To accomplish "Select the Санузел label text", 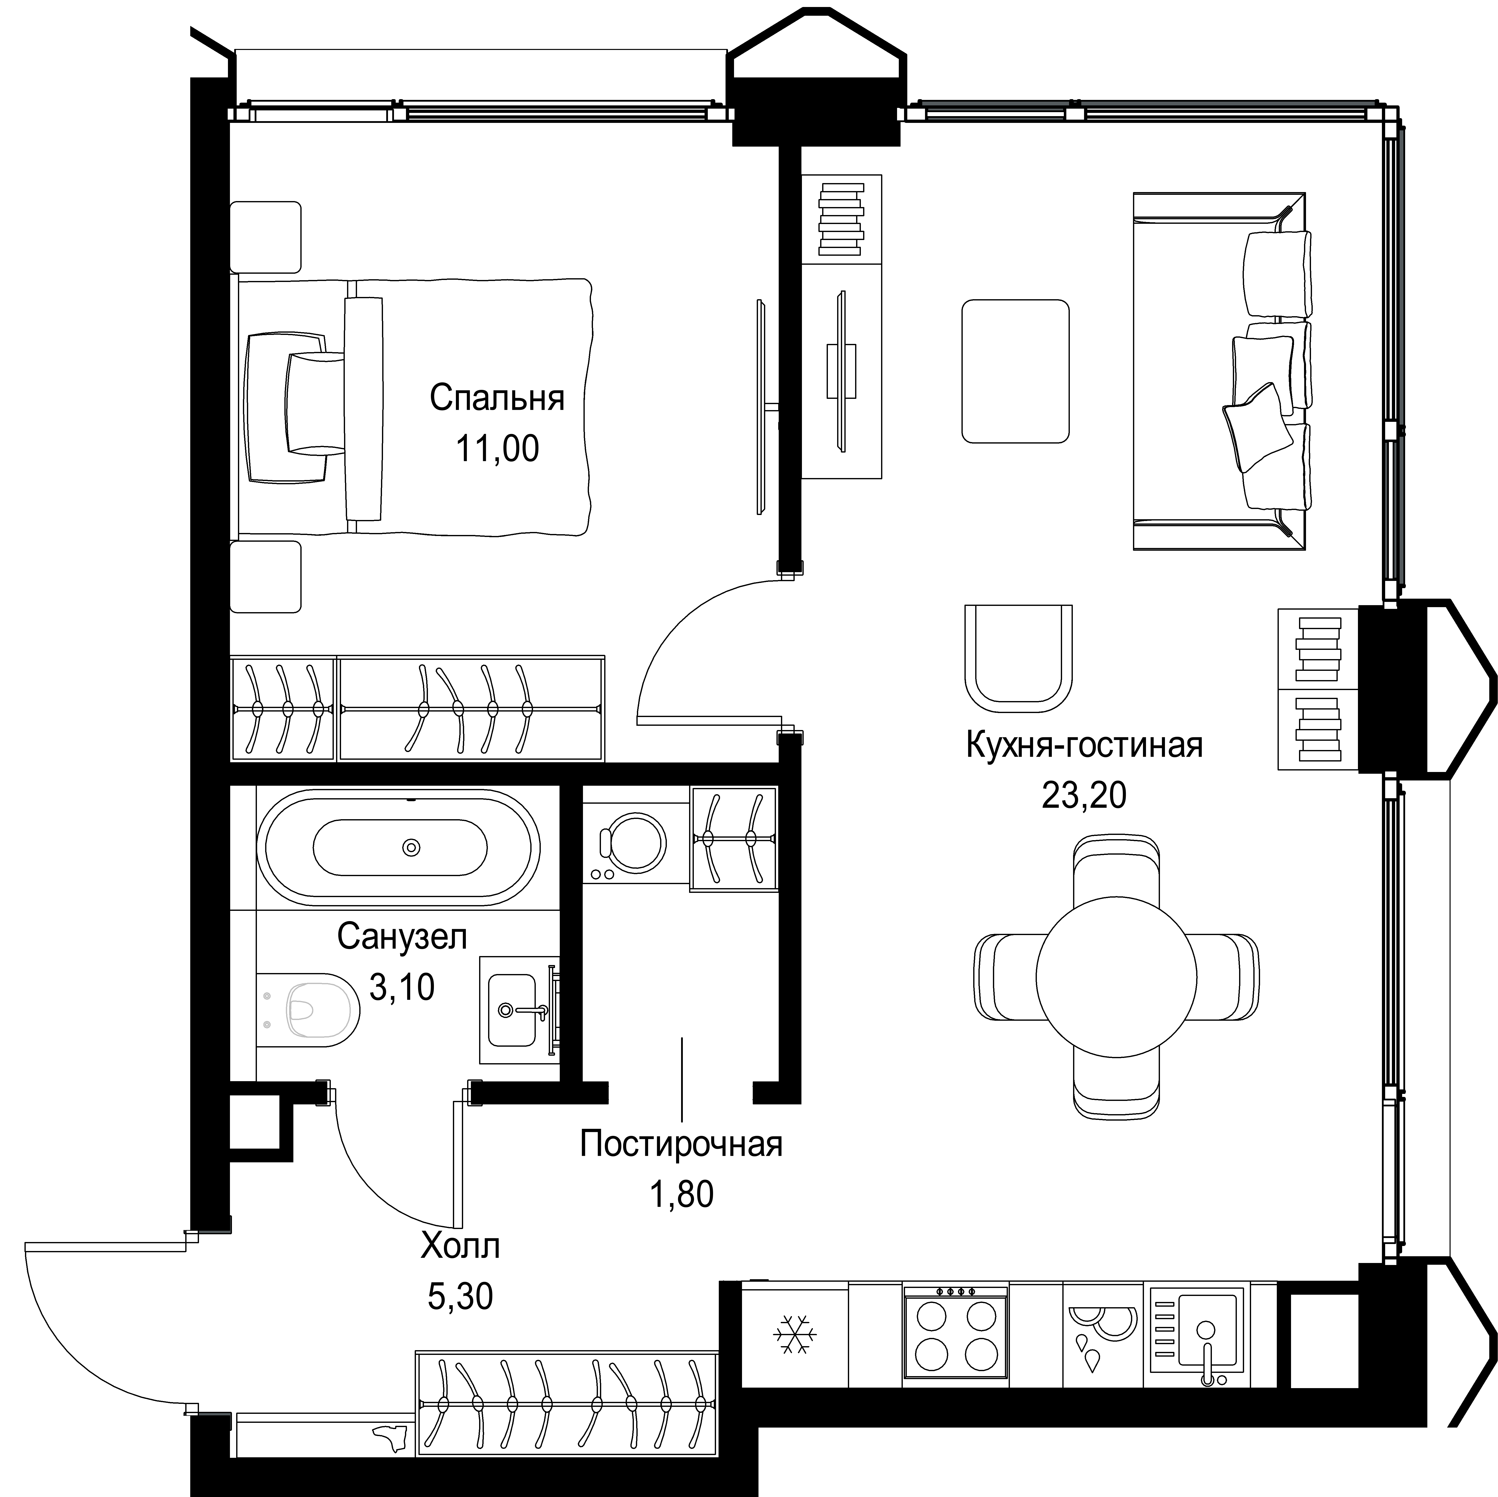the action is (x=402, y=937).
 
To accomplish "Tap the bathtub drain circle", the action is (x=412, y=848).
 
